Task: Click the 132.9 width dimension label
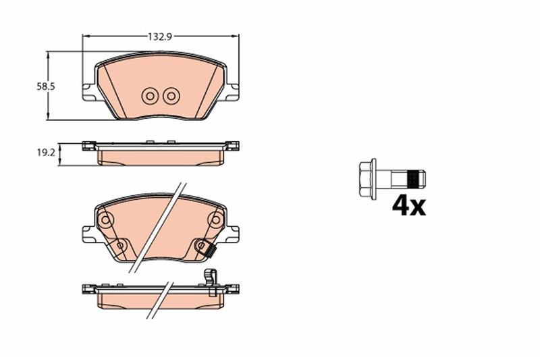click(x=157, y=38)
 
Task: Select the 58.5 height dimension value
click(x=45, y=86)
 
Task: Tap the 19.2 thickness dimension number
click(x=45, y=153)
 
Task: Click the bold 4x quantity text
click(x=409, y=205)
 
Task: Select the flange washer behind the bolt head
click(x=374, y=178)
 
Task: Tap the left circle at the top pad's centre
click(x=150, y=96)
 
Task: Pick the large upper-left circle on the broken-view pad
click(x=105, y=220)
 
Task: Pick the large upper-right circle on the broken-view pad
click(x=215, y=220)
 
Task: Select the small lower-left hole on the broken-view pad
click(x=120, y=246)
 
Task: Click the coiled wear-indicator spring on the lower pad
click(x=211, y=252)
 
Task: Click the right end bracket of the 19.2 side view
click(x=233, y=145)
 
